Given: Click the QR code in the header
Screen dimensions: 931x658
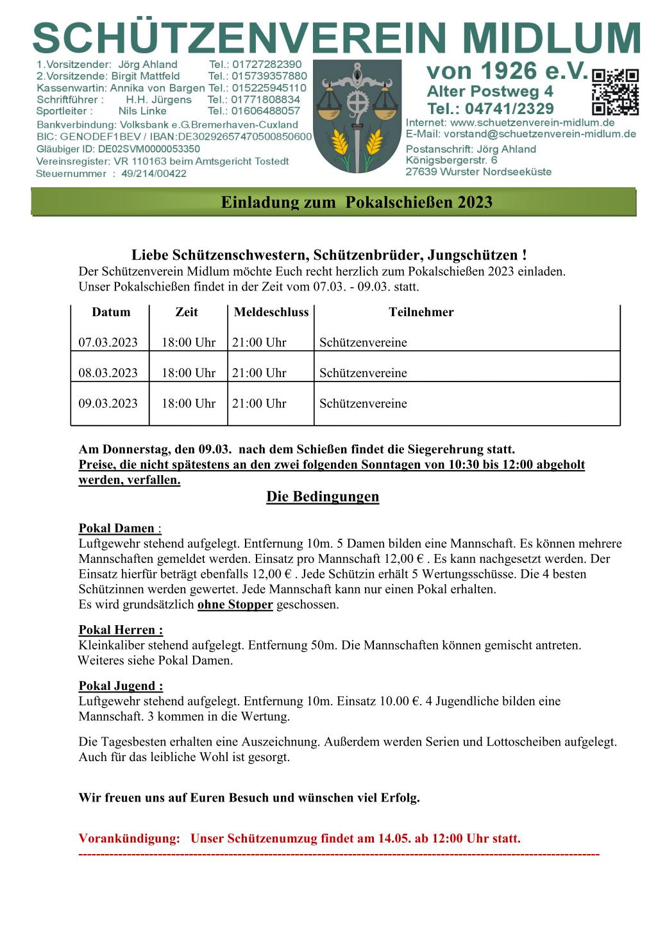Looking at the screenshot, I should pyautogui.click(x=615, y=92).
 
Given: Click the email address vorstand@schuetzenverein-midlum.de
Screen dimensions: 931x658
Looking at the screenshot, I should pyautogui.click(x=539, y=134).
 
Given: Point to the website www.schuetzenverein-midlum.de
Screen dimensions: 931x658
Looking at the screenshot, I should pyautogui.click(x=532, y=122).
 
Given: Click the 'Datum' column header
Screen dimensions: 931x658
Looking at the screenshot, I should pyautogui.click(x=111, y=312).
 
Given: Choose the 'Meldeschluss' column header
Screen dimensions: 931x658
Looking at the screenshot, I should pyautogui.click(x=271, y=312).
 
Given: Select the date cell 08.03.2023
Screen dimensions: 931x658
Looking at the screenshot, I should pyautogui.click(x=108, y=373).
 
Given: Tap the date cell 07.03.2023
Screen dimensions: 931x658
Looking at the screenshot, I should pyautogui.click(x=108, y=342).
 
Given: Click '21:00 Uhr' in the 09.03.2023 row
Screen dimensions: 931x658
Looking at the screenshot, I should pyautogui.click(x=259, y=403).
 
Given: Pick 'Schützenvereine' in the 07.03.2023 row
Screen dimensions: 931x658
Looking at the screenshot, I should pyautogui.click(x=363, y=342).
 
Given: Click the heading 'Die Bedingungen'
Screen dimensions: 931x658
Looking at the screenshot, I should pyautogui.click(x=323, y=497).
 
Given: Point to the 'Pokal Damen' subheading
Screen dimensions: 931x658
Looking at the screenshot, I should pyautogui.click(x=117, y=528).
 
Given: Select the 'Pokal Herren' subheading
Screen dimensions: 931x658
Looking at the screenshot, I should pyautogui.click(x=121, y=630).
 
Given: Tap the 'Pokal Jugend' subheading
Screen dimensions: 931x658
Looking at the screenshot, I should pyautogui.click(x=121, y=686).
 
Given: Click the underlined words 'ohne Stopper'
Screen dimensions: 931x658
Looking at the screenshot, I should pyautogui.click(x=235, y=605).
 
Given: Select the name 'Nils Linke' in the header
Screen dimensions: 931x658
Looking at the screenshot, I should pyautogui.click(x=142, y=111).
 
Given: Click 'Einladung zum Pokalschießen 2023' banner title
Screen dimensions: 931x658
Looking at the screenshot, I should pyautogui.click(x=357, y=203).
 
